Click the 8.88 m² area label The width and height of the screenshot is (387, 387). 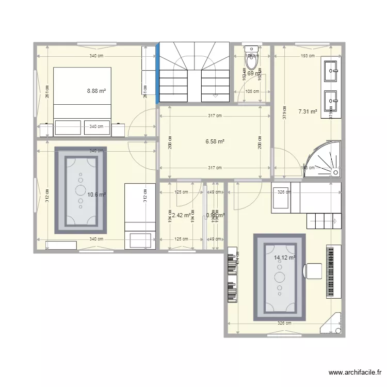tap(96, 91)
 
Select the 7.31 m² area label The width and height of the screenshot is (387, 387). tap(308, 111)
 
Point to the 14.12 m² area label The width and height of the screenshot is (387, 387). tap(285, 257)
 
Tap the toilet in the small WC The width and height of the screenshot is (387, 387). tap(251, 60)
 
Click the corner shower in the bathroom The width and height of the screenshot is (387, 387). tap(322, 158)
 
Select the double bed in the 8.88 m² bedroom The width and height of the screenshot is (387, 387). tap(83, 93)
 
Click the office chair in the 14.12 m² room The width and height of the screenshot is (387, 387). tap(313, 270)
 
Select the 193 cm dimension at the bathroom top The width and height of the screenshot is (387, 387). tap(308, 56)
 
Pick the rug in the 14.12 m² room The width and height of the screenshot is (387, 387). tap(280, 277)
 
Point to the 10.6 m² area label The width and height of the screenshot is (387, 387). tap(96, 195)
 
